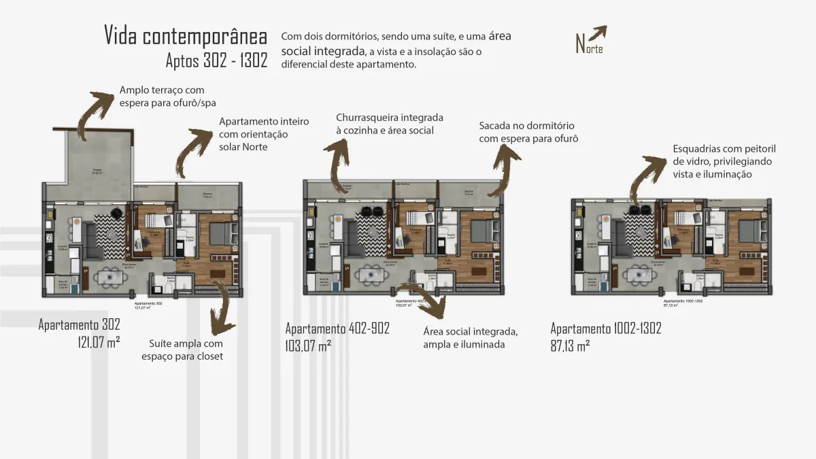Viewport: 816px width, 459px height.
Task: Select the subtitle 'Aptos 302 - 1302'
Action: pyautogui.click(x=216, y=61)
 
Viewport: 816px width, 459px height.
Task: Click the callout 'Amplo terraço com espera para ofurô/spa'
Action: pyautogui.click(x=162, y=96)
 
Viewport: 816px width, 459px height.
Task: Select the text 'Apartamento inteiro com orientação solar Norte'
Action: pyautogui.click(x=264, y=134)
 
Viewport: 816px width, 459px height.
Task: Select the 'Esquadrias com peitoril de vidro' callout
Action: pyautogui.click(x=724, y=161)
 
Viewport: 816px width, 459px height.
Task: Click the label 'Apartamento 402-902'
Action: pyautogui.click(x=337, y=328)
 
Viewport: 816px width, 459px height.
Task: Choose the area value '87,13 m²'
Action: pyautogui.click(x=570, y=345)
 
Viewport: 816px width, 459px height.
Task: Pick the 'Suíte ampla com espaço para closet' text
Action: pyautogui.click(x=182, y=350)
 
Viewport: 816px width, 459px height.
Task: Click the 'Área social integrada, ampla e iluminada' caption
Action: pyautogui.click(x=471, y=337)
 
